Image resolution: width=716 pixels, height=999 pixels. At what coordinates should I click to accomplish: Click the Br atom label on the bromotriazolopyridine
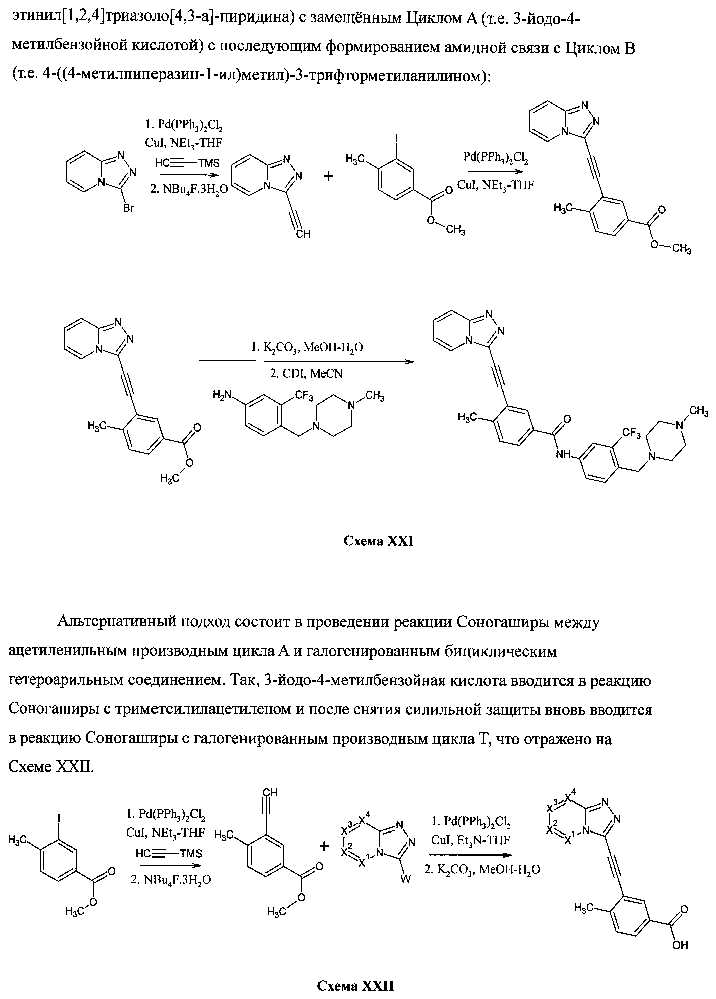tap(128, 208)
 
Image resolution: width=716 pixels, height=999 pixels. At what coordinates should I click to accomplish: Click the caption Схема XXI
tap(378, 541)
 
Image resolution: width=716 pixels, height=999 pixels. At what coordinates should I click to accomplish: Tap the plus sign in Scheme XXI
tap(329, 176)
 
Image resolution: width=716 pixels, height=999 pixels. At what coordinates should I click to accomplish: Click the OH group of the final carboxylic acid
tap(680, 945)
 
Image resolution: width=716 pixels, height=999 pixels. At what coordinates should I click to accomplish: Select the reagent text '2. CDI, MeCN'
tap(306, 374)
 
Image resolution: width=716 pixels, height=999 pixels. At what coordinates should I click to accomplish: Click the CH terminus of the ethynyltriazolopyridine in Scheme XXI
tap(303, 234)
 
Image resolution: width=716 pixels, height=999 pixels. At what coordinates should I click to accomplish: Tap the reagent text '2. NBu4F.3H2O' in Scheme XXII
tap(171, 880)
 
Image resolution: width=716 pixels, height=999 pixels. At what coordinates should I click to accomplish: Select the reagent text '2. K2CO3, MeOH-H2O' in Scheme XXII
tap(482, 869)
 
